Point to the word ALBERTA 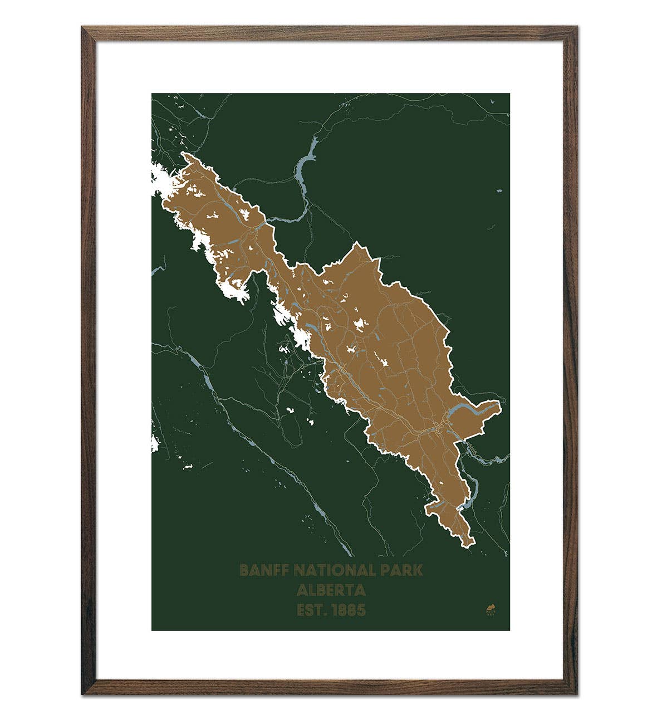pyautogui.click(x=331, y=590)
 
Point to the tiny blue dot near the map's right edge pyautogui.click(x=499, y=191)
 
